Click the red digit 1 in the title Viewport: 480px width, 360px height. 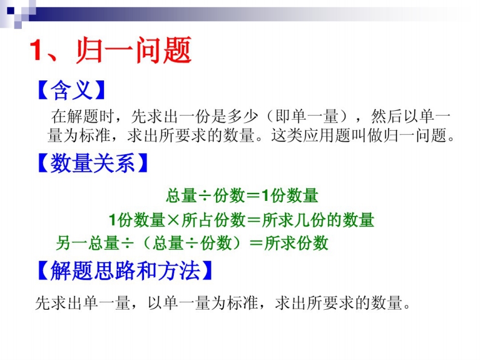pos(36,50)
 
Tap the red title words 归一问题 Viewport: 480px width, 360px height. pos(134,50)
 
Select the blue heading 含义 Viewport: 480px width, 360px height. pos(71,90)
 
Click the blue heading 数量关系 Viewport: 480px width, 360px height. pos(93,163)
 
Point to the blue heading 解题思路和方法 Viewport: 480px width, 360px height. pos(125,270)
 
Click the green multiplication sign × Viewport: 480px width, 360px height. pos(173,220)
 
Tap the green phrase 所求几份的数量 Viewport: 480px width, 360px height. pos(318,220)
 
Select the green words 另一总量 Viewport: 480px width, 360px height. pos(88,243)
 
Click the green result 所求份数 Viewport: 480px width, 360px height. pos(297,243)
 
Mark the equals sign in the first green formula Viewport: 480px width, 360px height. pos(253,195)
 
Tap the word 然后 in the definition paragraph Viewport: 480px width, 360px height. pos(387,116)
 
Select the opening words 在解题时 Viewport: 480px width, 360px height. pos(83,116)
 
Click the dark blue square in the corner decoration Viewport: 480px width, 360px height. pos(10,11)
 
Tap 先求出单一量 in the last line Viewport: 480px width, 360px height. pos(83,303)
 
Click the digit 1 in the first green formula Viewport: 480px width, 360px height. pos(265,195)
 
